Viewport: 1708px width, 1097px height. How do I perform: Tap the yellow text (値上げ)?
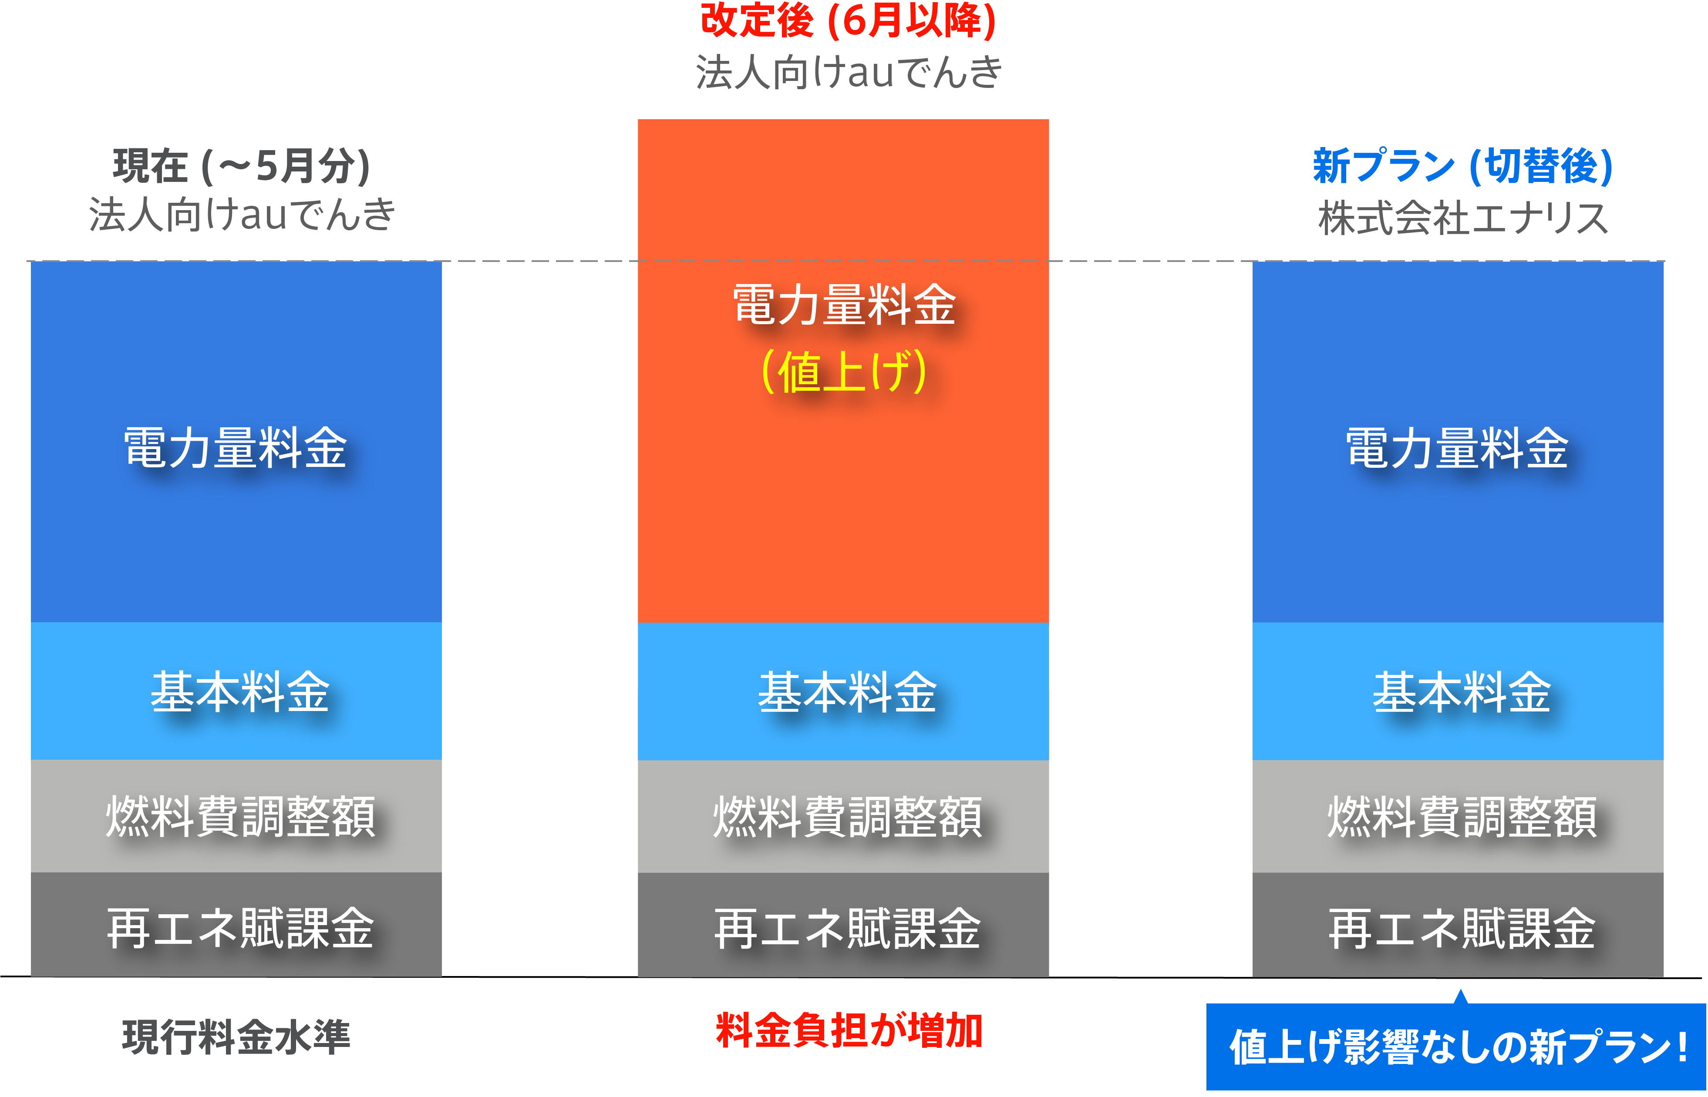tap(844, 371)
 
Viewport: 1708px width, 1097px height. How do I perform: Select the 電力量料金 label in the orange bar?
tap(844, 304)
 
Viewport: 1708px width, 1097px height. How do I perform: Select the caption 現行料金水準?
tap(236, 1037)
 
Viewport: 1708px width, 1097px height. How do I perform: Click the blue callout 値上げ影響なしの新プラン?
tap(1456, 1047)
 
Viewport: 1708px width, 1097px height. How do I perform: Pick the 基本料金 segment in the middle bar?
tap(843, 691)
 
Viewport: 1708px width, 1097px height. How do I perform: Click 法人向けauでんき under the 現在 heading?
tap(242, 215)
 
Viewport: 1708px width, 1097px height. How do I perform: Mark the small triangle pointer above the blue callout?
tap(1461, 996)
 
